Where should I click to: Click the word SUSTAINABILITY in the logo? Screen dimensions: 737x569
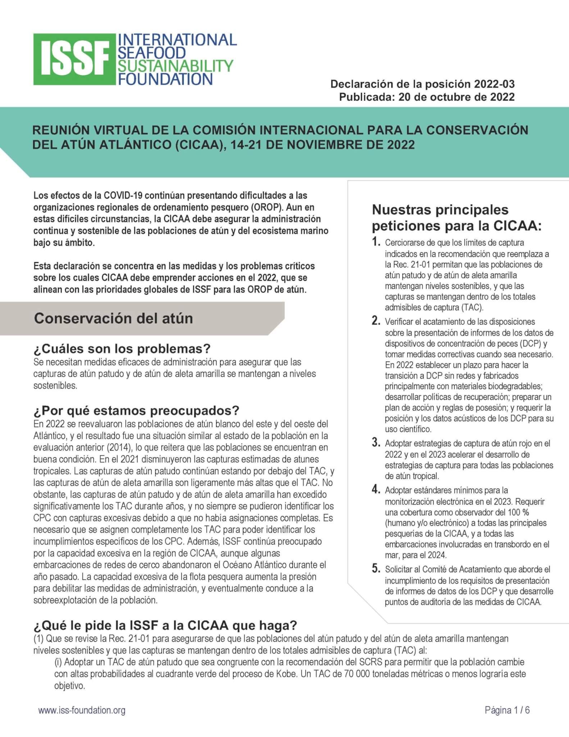point(176,66)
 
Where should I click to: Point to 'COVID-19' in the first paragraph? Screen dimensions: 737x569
point(120,195)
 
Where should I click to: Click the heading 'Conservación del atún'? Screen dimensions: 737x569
point(113,318)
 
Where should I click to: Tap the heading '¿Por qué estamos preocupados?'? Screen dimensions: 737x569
point(136,411)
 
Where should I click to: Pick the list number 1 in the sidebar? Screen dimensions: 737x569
point(376,242)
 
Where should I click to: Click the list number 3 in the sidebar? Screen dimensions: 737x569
point(376,443)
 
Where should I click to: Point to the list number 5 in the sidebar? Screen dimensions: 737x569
point(376,569)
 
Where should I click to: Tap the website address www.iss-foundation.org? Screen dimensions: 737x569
point(82,710)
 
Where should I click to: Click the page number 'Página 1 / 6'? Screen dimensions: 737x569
point(507,710)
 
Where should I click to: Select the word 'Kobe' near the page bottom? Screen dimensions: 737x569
point(288,674)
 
